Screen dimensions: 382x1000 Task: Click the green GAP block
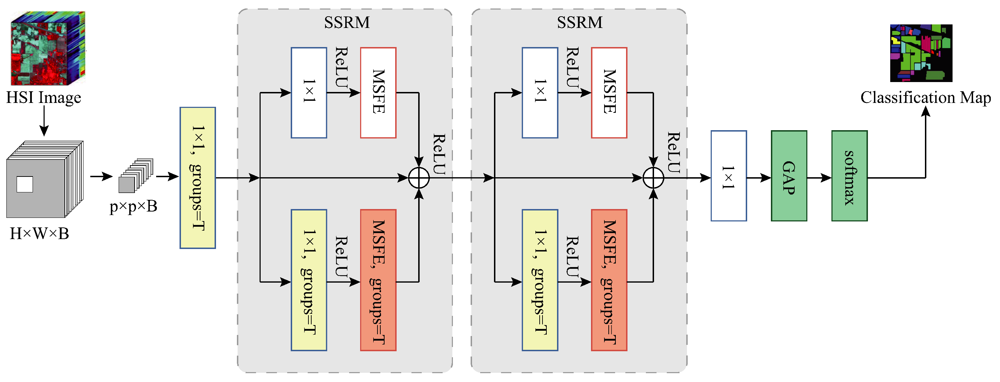coord(789,176)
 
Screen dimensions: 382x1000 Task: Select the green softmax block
coord(849,176)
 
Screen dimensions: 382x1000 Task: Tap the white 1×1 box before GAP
coord(728,176)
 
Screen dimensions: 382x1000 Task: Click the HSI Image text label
coord(44,97)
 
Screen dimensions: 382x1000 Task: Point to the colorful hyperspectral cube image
coord(48,48)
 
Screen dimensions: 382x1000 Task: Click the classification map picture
coord(921,53)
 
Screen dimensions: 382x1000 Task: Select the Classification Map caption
coord(926,97)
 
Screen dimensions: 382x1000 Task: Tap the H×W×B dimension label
coord(39,233)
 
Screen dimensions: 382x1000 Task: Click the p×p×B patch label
coord(133,206)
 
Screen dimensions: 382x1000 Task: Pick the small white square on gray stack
coord(25,184)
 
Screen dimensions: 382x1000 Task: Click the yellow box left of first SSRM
coord(198,178)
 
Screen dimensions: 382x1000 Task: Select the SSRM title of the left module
coord(347,23)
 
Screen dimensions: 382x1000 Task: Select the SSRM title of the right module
coord(580,23)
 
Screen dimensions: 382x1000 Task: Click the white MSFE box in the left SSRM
coord(378,92)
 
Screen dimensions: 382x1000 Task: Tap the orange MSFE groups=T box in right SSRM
coord(609,280)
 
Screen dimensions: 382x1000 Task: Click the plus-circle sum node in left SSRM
coord(419,178)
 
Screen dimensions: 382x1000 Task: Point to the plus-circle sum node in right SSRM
coord(653,178)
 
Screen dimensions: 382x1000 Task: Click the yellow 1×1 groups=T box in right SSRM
coord(540,280)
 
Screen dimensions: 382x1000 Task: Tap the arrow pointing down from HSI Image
coord(44,120)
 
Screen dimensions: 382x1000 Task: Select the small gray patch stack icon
coord(136,175)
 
